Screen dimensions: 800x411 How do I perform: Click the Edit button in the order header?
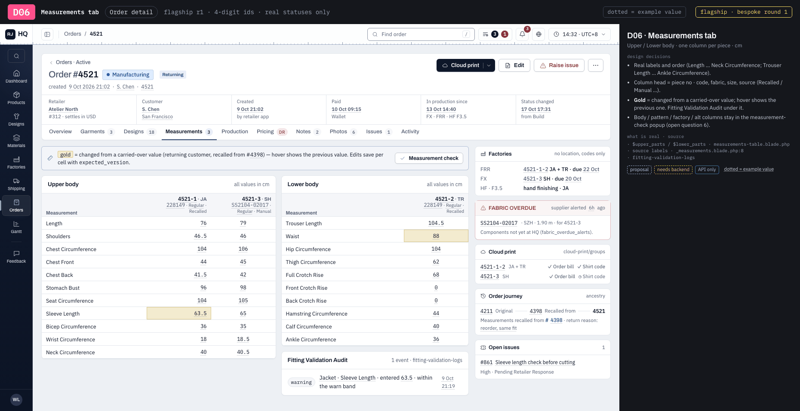point(514,65)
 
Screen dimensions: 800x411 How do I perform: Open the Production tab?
point(235,132)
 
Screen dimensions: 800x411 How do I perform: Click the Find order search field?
point(421,34)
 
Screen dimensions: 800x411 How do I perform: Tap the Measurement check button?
point(429,158)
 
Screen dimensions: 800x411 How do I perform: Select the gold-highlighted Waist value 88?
point(436,236)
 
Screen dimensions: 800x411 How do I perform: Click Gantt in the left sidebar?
point(16,227)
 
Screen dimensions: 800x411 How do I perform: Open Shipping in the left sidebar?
point(16,184)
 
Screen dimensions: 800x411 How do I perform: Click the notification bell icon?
point(522,34)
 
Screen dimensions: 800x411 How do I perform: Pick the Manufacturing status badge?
point(128,74)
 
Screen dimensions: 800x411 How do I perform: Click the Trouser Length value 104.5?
point(436,223)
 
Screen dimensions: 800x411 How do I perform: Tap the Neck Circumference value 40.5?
point(243,352)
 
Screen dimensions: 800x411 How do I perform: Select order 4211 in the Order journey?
point(486,311)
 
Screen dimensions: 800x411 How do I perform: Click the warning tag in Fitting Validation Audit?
point(301,382)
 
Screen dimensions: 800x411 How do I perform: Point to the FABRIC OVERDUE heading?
point(512,208)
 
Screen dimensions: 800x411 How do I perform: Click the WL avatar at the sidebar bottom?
point(16,399)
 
